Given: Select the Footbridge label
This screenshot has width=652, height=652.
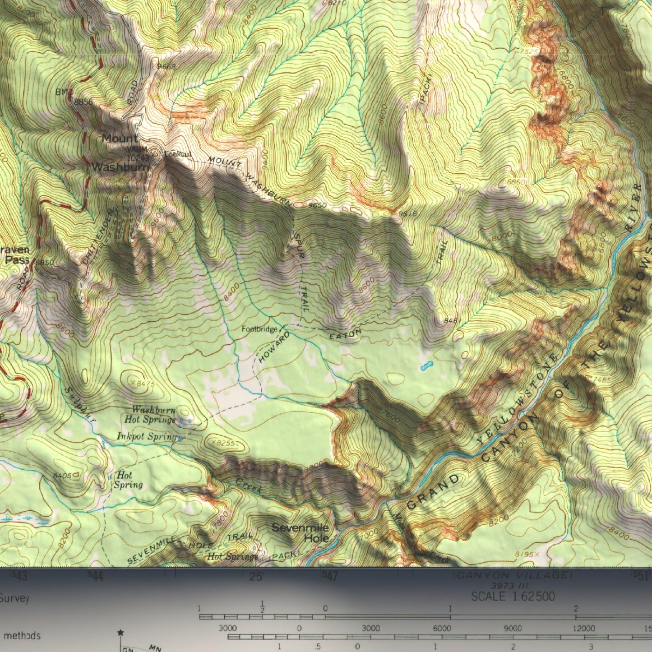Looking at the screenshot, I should coord(259,329).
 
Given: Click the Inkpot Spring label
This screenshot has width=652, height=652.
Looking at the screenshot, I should coord(146,436).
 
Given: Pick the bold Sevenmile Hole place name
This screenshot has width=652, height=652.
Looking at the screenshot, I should coord(301,533).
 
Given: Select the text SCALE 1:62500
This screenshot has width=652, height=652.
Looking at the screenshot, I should coord(513,597).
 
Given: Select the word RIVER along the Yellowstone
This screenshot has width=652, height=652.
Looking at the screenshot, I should coord(634,207).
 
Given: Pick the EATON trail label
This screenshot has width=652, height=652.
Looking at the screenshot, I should coord(346,335).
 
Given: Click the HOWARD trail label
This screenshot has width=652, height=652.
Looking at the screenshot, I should coord(274,347).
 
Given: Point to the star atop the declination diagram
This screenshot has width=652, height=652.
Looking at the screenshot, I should coord(120,633).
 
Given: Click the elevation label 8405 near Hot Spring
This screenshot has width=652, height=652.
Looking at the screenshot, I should coord(62,476).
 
